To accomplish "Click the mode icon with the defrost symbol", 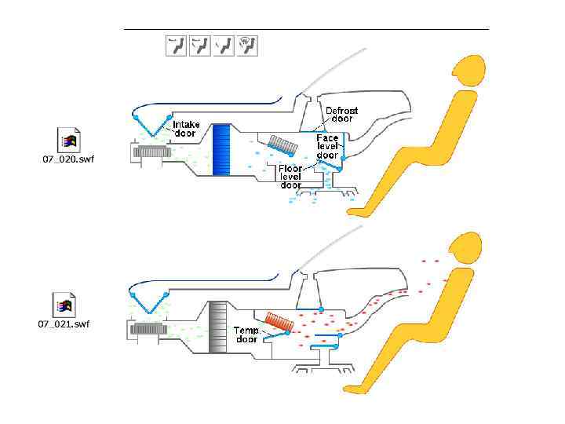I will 250,46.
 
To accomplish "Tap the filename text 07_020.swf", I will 67,159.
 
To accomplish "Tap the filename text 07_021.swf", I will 64,323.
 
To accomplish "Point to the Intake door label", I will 186,129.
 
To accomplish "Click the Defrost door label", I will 341,115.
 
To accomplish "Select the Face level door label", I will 327,147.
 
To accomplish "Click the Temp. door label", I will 246,335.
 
